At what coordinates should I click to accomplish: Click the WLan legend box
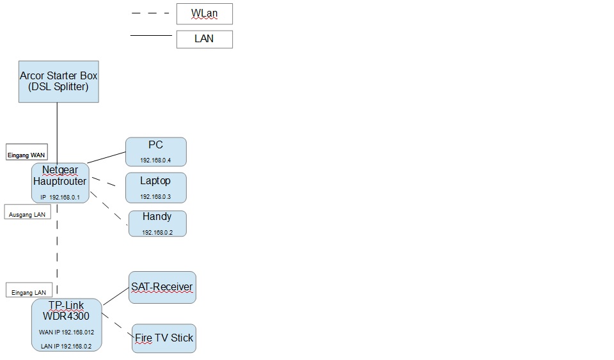[205, 13]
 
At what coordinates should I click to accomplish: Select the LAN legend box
[205, 39]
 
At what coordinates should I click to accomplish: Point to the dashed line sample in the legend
[150, 13]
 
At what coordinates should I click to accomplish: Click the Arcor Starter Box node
[59, 82]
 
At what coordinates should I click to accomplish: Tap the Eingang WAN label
[27, 152]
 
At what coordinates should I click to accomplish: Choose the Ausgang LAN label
[28, 212]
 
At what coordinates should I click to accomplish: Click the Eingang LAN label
[29, 290]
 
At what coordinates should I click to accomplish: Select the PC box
[156, 152]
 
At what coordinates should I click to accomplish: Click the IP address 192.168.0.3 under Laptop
[155, 197]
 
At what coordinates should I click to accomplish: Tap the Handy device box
[157, 223]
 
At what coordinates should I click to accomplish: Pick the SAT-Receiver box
[162, 287]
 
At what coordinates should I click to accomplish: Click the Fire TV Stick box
[164, 338]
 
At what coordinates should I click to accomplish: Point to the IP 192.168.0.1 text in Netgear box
[60, 198]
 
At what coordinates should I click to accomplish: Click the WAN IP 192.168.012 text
[67, 333]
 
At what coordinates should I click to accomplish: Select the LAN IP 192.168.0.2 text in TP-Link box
[66, 347]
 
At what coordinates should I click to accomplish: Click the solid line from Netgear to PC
[107, 157]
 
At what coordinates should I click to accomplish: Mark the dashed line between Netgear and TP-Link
[57, 249]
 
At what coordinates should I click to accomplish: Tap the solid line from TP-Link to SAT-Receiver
[116, 296]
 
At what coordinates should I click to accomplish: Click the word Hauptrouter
[59, 182]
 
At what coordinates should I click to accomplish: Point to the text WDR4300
[66, 316]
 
